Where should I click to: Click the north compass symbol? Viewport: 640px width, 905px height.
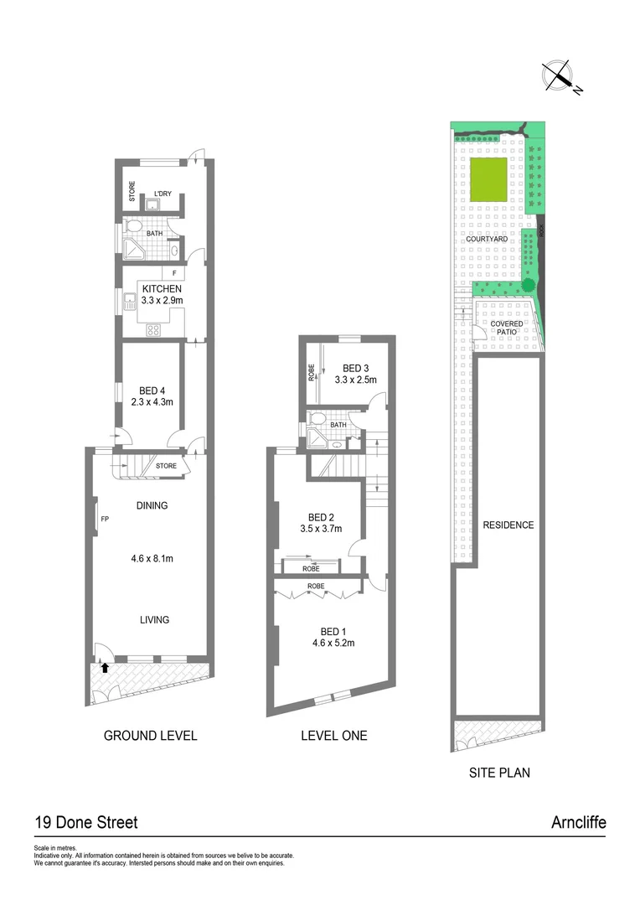coord(558,75)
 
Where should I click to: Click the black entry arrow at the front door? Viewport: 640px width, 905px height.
coord(106,668)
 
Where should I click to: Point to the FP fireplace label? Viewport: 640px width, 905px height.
coord(105,520)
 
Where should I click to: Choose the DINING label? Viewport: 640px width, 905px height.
coord(152,505)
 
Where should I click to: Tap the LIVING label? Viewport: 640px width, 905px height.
coord(154,620)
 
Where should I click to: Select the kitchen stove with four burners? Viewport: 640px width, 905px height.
coord(154,328)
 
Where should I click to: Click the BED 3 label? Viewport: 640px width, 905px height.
coord(356,368)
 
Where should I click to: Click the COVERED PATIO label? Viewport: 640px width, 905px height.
coord(507,327)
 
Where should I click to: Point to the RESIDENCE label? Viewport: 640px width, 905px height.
coord(508,525)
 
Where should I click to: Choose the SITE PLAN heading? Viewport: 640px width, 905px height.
coord(498,773)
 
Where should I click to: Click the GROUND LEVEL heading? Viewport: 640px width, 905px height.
coord(150,736)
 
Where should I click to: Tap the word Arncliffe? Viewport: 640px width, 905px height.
coord(578,822)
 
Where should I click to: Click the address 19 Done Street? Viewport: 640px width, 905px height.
coord(86,822)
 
